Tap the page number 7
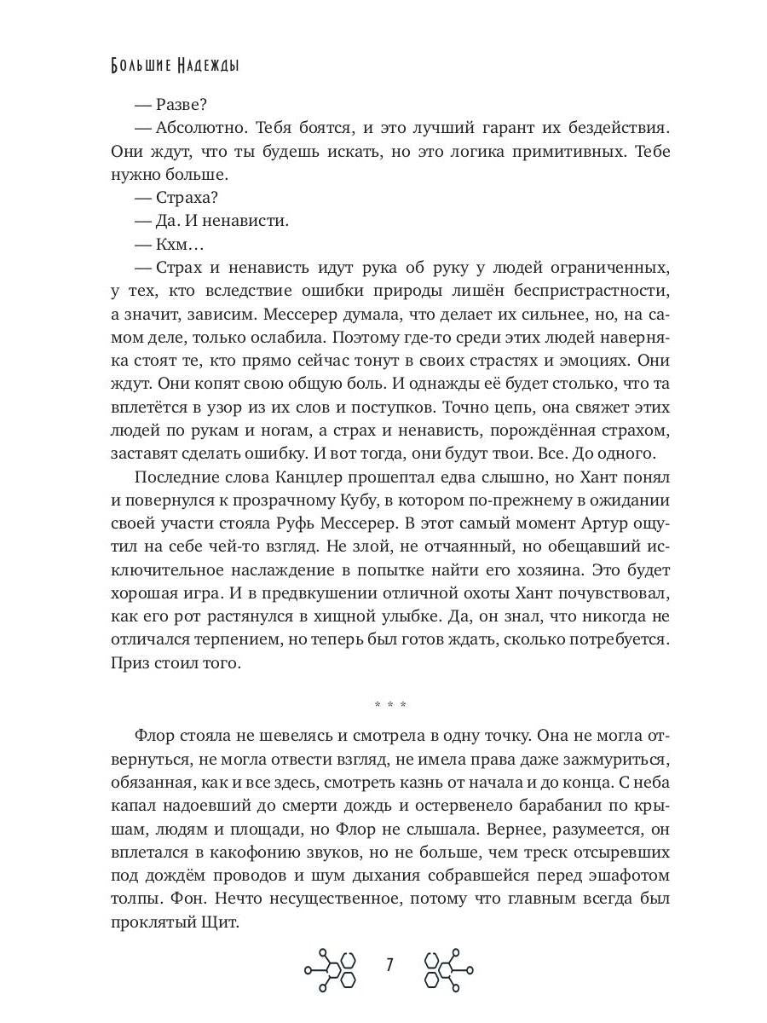click(389, 965)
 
